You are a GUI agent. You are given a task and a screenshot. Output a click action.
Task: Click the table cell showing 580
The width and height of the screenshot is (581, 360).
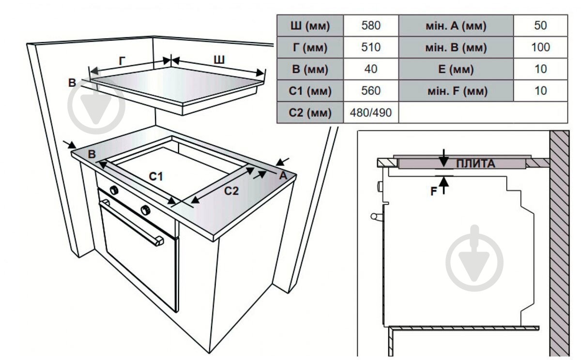371,25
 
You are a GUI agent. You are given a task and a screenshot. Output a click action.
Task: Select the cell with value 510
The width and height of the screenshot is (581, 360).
371,47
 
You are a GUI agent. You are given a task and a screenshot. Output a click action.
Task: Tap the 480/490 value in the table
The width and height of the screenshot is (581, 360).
371,112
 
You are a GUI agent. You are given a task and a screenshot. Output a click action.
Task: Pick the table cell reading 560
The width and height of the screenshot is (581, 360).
371,90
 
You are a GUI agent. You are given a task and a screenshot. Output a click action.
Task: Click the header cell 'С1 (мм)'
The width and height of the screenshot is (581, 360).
310,90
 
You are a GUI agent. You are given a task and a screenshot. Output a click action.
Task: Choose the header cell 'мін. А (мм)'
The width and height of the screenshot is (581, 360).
456,25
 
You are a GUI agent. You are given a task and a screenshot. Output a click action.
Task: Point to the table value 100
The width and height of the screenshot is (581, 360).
540,47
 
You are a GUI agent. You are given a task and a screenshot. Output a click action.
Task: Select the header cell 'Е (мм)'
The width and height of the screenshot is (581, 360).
456,69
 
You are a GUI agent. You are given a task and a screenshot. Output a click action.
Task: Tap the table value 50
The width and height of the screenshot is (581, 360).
540,25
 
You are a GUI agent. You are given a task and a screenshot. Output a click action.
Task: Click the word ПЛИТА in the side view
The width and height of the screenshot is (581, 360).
475,164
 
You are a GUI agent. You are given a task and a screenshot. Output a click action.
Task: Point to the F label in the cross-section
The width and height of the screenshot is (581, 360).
434,192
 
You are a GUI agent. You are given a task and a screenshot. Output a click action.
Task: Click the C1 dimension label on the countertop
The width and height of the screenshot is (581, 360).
156,177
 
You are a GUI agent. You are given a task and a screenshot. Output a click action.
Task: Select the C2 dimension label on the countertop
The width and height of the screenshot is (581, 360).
231,191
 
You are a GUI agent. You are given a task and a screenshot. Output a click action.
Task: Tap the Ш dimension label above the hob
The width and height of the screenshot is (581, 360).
219,60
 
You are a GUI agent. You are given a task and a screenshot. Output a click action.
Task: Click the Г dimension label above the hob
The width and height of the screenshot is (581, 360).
122,61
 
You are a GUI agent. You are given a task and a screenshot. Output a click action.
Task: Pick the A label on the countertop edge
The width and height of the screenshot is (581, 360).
283,176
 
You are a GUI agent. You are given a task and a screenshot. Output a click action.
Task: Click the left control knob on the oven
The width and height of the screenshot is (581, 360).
114,190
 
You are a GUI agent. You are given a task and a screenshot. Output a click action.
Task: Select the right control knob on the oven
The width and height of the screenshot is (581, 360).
146,210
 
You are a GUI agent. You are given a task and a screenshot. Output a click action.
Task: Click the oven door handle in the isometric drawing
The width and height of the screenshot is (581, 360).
132,223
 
